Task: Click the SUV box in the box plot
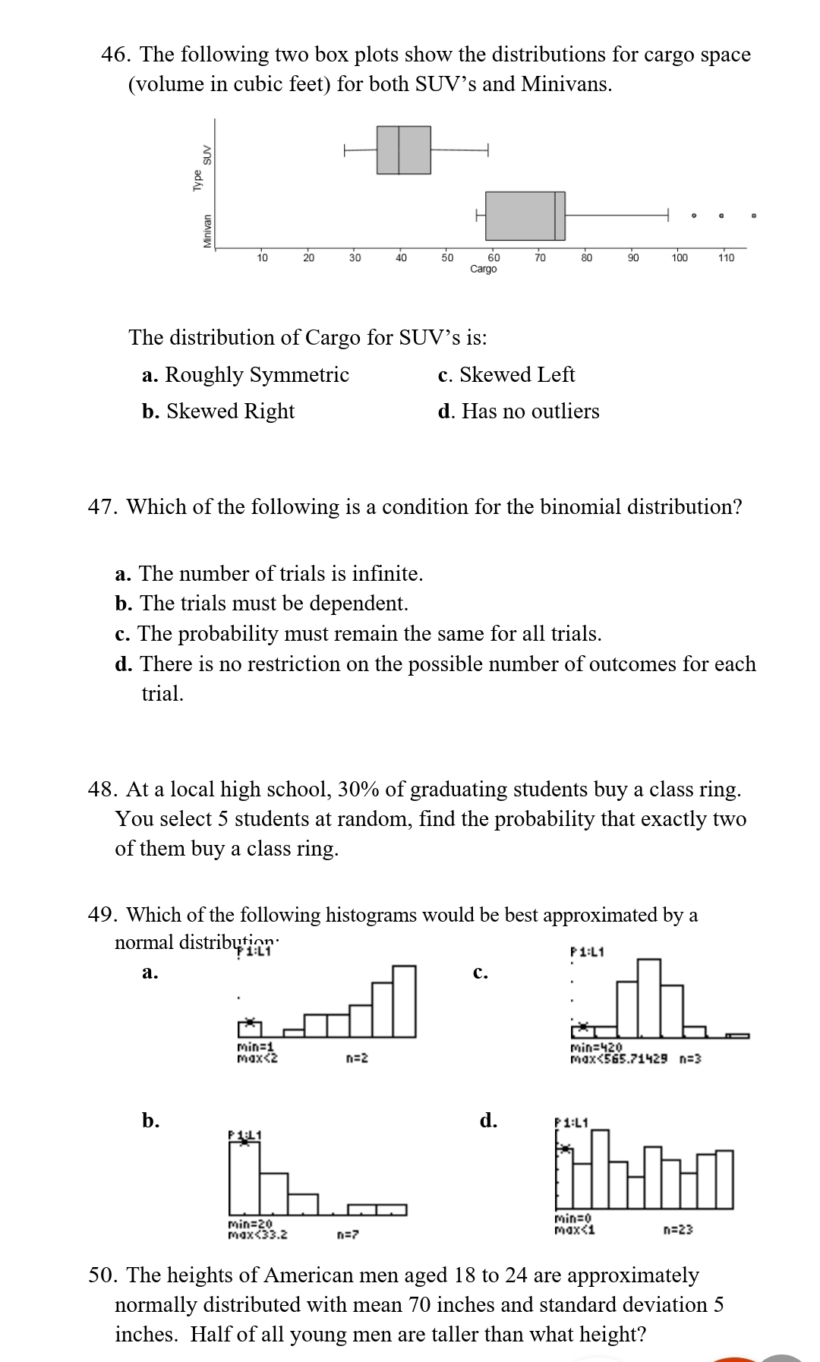coord(403,150)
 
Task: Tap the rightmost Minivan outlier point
coord(754,216)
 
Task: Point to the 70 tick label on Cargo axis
coord(540,258)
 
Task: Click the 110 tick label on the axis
coord(726,258)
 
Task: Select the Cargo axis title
coord(484,270)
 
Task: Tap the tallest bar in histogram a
coord(404,1001)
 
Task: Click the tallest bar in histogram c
coord(648,998)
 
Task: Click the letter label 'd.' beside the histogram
coord(488,1121)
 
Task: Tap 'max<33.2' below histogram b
coord(257,1234)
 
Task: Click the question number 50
coord(103,1275)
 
